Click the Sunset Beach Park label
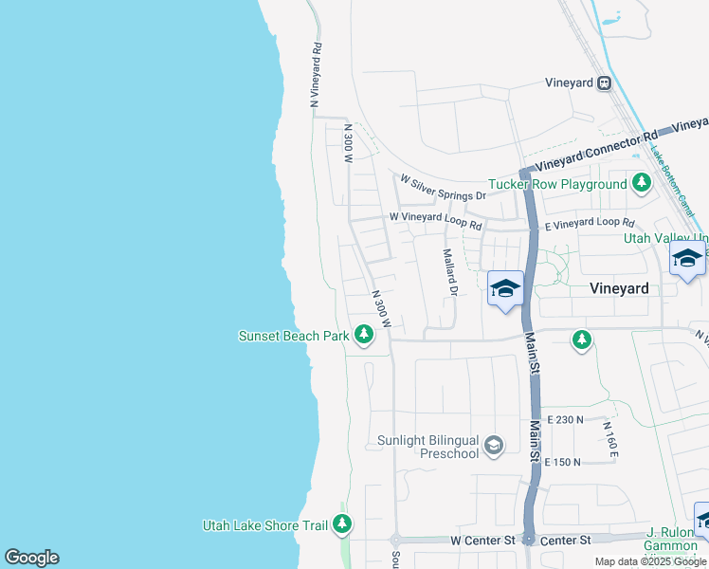click(293, 335)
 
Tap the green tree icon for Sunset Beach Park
click(363, 335)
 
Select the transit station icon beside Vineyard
click(604, 83)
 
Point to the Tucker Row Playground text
click(557, 184)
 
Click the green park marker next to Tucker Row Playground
click(642, 183)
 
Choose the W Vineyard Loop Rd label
click(436, 221)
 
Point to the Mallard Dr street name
click(450, 272)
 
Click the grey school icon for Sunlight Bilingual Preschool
click(493, 445)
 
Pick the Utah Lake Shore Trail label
click(264, 525)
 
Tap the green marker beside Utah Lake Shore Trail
click(342, 524)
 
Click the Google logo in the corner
click(31, 558)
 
